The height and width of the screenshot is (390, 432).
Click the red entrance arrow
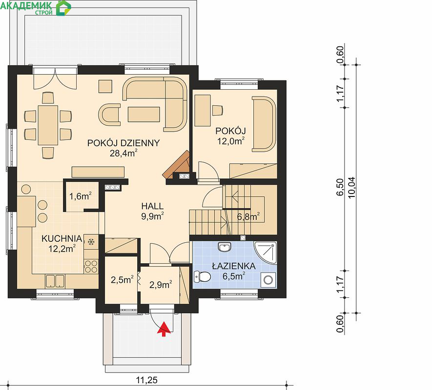(164, 329)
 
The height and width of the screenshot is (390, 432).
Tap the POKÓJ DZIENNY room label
(123, 143)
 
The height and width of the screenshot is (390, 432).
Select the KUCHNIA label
(62, 238)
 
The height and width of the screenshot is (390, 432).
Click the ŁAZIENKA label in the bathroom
(234, 266)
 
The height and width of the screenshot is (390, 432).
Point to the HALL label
(152, 206)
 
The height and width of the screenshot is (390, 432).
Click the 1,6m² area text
(80, 196)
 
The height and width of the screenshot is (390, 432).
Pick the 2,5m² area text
(122, 280)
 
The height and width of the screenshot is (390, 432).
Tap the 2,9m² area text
(161, 285)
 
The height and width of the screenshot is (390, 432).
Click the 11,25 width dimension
(147, 380)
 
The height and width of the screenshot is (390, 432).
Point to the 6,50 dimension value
(340, 187)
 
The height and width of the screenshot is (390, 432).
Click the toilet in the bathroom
(202, 276)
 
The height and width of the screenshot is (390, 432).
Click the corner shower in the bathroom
(265, 253)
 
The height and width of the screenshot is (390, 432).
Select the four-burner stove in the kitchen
(91, 266)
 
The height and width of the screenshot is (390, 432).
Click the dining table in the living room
(48, 125)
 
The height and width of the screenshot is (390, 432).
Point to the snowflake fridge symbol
(91, 242)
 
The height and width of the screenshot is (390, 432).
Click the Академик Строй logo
(36, 7)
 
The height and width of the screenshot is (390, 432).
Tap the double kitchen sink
(55, 281)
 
